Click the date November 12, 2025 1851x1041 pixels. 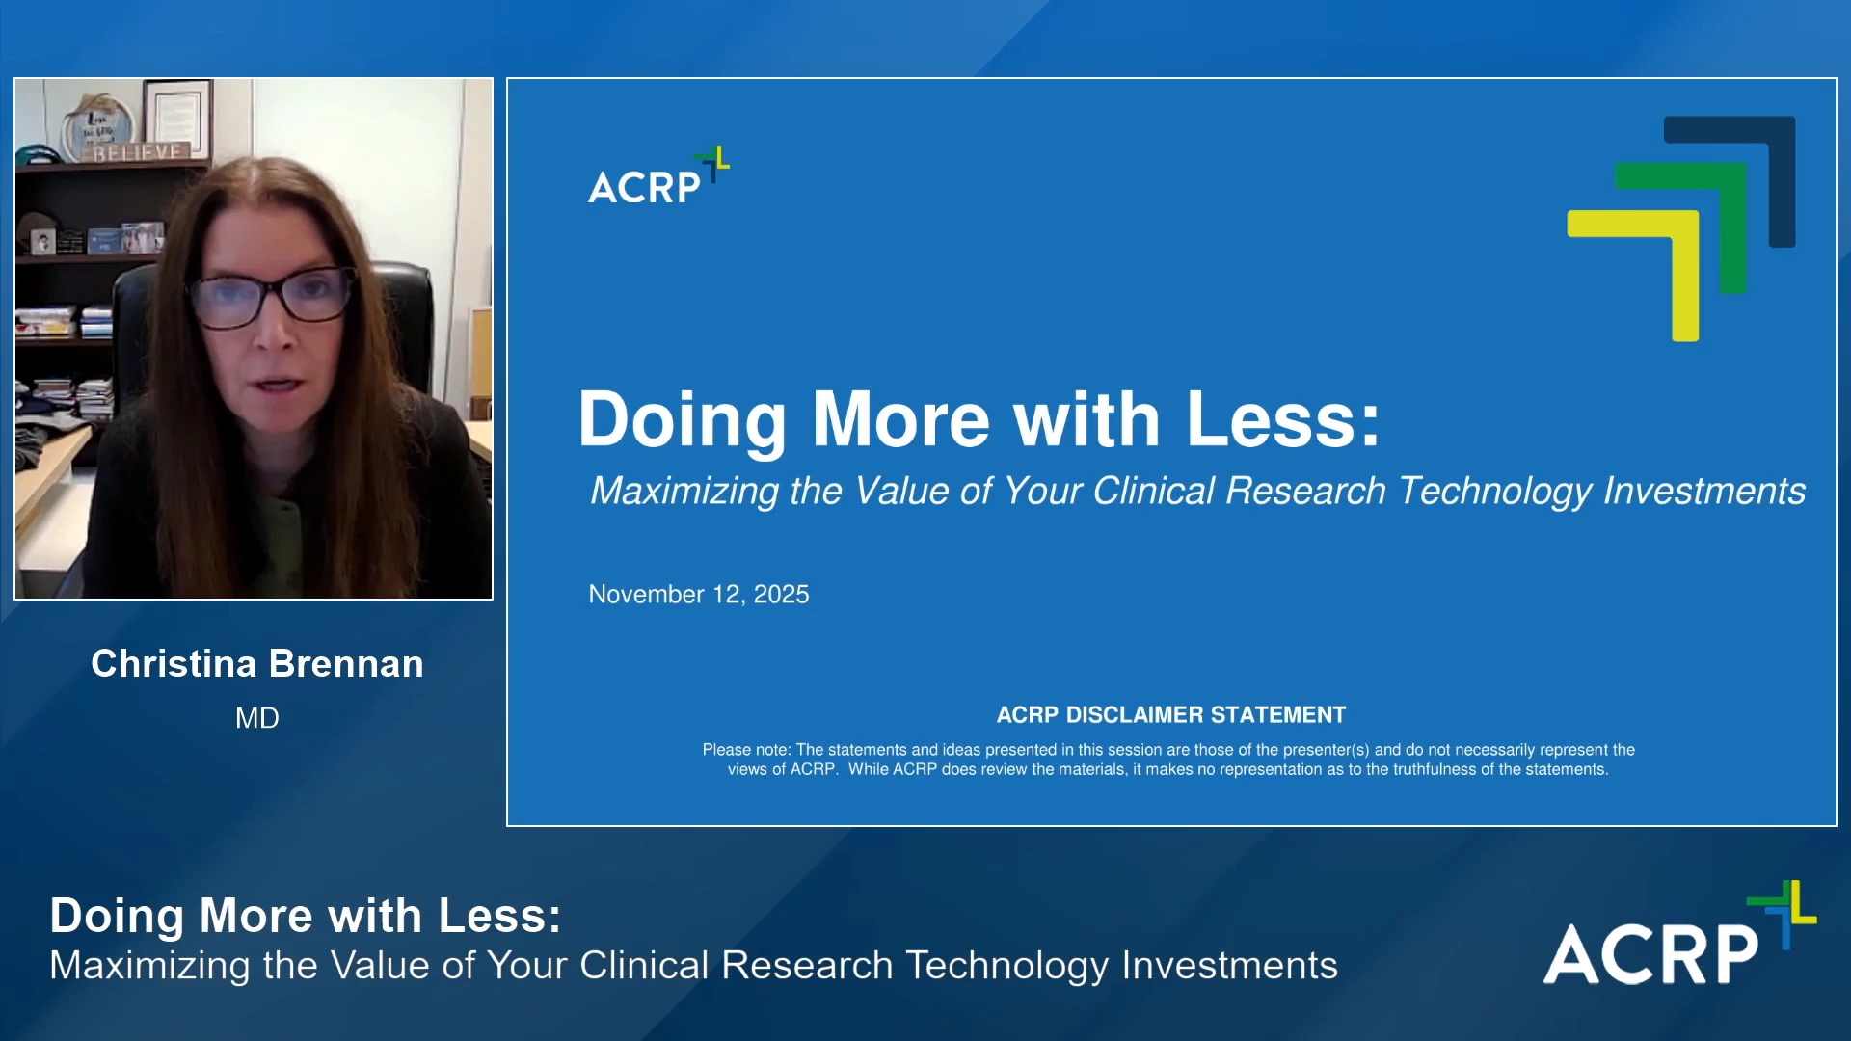(x=699, y=594)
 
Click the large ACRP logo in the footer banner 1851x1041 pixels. (x=1679, y=933)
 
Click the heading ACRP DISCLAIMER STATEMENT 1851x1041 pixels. (x=1170, y=714)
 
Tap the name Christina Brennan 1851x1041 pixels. (x=257, y=663)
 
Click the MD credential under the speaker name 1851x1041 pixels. (x=257, y=718)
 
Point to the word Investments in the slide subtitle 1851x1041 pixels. (x=1704, y=491)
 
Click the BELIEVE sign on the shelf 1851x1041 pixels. (x=137, y=151)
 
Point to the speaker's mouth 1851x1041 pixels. (x=279, y=385)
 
